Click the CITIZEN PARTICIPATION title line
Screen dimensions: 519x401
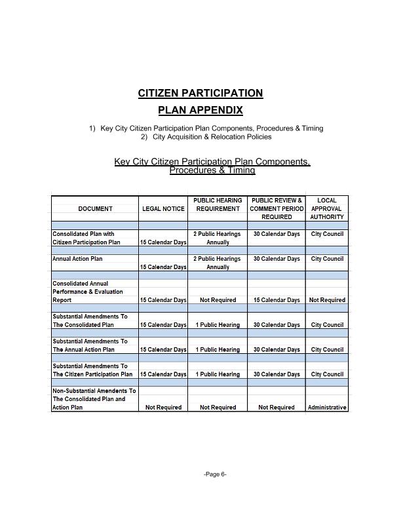200,93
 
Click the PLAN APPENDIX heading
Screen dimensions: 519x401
200,110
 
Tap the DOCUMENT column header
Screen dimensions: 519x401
95,208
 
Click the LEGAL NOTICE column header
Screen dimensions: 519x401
163,208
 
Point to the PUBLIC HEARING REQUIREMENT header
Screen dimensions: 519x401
218,204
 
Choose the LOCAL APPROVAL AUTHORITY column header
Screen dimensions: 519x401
326,208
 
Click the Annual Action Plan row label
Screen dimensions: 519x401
77,259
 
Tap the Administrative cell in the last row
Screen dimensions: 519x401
326,408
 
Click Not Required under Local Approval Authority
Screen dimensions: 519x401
326,300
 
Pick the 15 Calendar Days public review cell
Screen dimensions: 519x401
277,300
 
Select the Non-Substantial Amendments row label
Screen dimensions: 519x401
94,399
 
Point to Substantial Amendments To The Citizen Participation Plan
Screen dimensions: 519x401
92,370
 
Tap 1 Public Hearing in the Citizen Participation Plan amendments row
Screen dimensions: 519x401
218,375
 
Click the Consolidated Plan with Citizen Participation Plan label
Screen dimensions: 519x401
86,238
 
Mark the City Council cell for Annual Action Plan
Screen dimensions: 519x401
326,259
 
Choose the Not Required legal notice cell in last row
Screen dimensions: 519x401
163,408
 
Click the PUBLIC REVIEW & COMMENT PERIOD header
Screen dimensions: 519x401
277,208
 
